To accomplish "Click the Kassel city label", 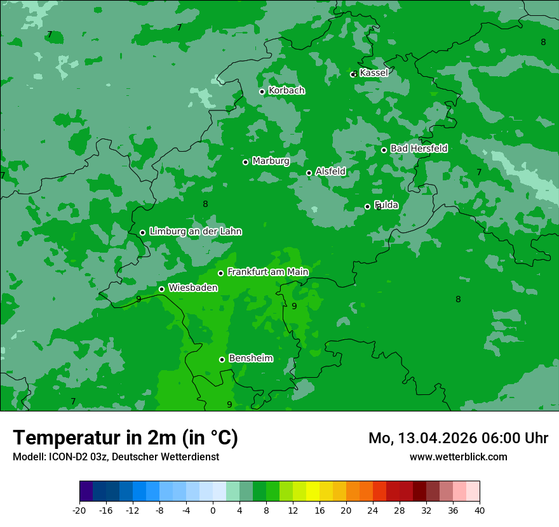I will click(x=374, y=73).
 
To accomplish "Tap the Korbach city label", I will click(x=286, y=91).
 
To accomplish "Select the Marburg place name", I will click(x=271, y=161).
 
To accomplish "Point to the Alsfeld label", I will click(x=330, y=171).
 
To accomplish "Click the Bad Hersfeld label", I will click(x=419, y=149).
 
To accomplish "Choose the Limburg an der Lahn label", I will click(x=195, y=232).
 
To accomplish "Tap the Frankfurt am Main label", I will click(x=267, y=272).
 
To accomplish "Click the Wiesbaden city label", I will click(x=192, y=288).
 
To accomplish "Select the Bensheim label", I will click(x=250, y=358).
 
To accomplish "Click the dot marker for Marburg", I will click(x=245, y=162).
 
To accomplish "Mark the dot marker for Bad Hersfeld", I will click(x=384, y=150).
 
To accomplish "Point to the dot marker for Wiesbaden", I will click(x=161, y=289).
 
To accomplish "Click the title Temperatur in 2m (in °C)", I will click(x=125, y=437).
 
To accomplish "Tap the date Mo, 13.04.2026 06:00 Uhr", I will click(x=458, y=438).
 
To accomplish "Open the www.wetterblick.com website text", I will click(x=458, y=457).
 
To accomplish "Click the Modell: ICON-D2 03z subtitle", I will click(x=116, y=457).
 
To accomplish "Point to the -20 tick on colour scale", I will click(x=79, y=510).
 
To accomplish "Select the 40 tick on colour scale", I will click(x=480, y=510).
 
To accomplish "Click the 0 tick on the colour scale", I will click(x=213, y=510).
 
